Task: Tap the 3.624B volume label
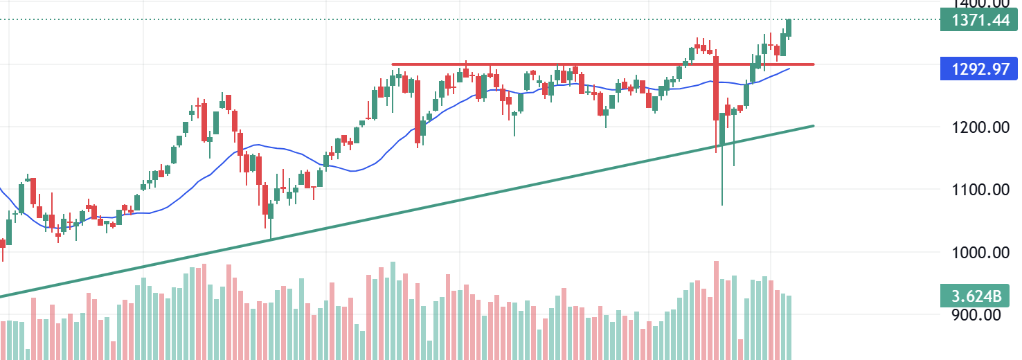(976, 296)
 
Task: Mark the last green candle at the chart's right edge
(789, 28)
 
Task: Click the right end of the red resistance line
(812, 64)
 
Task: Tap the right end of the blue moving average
(789, 68)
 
